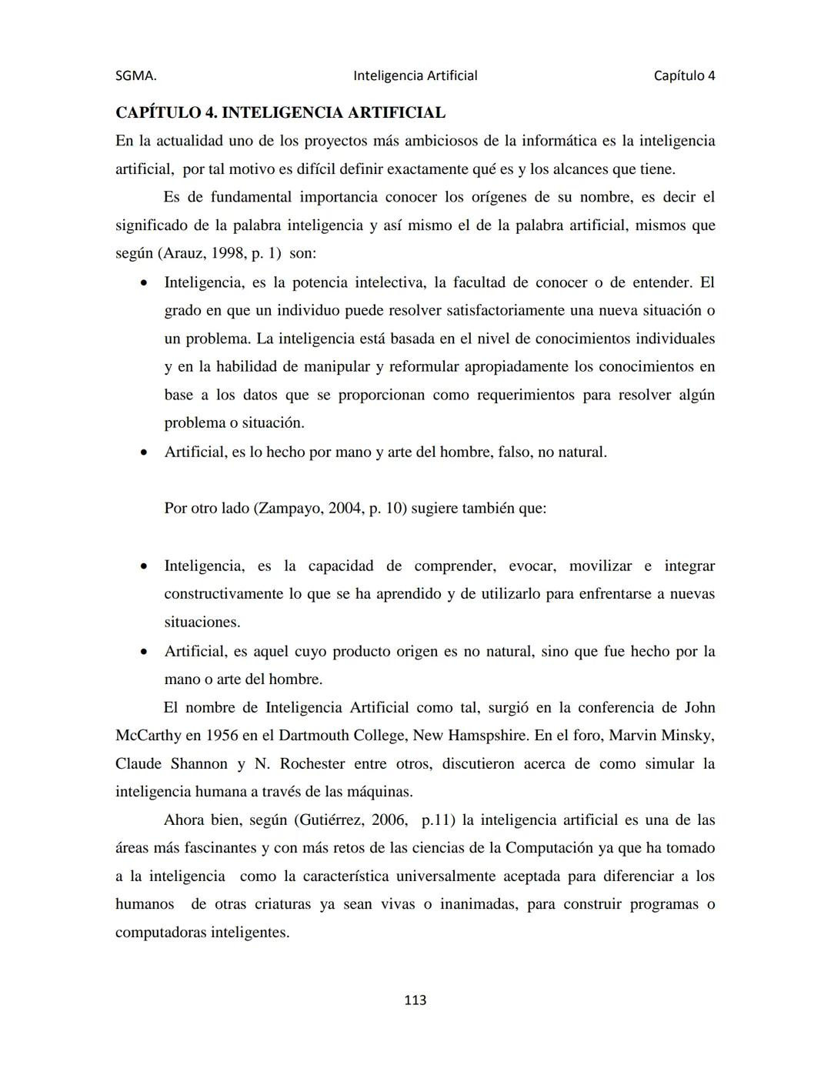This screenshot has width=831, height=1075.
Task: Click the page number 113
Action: pos(415,1000)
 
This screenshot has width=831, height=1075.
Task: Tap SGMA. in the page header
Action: pos(135,75)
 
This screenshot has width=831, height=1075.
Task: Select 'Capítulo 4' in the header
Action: pos(684,75)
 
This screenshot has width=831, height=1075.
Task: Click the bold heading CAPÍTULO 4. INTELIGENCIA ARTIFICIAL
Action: pos(280,112)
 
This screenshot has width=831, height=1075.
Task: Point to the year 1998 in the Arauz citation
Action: pos(227,253)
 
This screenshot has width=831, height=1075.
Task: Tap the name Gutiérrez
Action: pos(331,820)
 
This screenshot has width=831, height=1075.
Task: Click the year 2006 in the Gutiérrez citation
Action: pos(389,820)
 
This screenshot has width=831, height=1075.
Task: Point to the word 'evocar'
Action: pos(531,566)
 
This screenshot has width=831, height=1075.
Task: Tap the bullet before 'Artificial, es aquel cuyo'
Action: pos(144,652)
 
